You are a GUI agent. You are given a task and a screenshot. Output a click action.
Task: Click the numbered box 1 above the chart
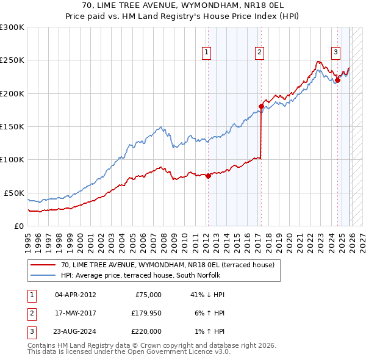tap(207, 53)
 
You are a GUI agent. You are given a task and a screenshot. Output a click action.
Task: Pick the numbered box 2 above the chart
tap(260, 53)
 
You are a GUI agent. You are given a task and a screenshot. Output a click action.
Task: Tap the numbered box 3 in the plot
tap(335, 53)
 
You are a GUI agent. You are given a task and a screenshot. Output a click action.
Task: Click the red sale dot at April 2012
tap(208, 176)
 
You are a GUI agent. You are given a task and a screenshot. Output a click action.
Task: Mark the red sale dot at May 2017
tap(261, 107)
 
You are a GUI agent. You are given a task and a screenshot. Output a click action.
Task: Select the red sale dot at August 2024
tap(337, 80)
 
